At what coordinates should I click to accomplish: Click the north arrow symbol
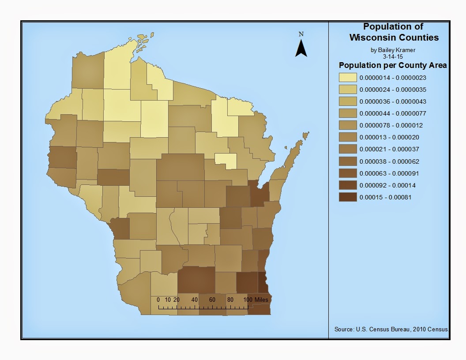[x=301, y=48]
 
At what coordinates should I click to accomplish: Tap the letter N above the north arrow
[x=301, y=34]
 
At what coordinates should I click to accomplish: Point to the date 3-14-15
[x=393, y=56]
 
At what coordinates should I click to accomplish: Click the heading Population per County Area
[x=393, y=65]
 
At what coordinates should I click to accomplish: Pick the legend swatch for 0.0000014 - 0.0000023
[x=348, y=78]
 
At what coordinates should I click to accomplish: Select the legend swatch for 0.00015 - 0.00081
[x=348, y=197]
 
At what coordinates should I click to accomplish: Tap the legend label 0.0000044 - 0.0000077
[x=387, y=113]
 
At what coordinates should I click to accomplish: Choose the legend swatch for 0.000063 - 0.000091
[x=348, y=173]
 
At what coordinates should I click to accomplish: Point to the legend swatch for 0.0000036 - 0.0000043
[x=348, y=101]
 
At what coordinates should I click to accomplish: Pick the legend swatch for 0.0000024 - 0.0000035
[x=348, y=90]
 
